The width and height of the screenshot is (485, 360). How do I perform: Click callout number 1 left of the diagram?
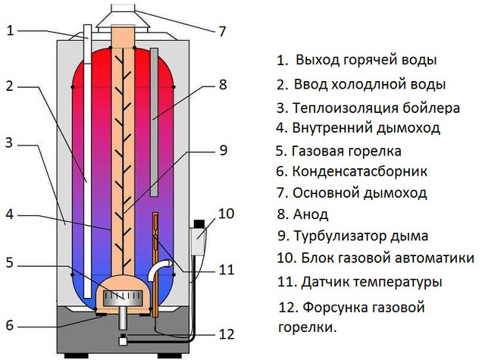click(11, 30)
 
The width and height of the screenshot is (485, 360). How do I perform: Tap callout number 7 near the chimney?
click(222, 32)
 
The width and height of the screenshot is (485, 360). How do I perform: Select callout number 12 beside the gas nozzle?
click(227, 335)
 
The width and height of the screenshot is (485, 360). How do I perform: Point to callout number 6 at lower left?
click(10, 325)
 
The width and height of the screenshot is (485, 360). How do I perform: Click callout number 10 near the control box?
click(227, 214)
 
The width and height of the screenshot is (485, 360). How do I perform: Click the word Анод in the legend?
click(311, 214)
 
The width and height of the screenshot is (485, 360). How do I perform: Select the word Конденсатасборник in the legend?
click(360, 171)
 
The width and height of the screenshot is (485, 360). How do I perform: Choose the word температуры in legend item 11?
click(397, 282)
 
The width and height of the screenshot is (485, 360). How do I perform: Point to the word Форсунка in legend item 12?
click(335, 308)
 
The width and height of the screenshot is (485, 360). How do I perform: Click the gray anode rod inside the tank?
click(154, 122)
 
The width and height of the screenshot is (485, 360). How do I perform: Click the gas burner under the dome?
click(123, 296)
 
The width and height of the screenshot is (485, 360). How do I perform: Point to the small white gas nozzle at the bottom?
click(123, 340)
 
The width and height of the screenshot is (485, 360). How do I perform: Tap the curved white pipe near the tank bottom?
click(158, 269)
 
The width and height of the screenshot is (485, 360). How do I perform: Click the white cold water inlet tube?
click(88, 161)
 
